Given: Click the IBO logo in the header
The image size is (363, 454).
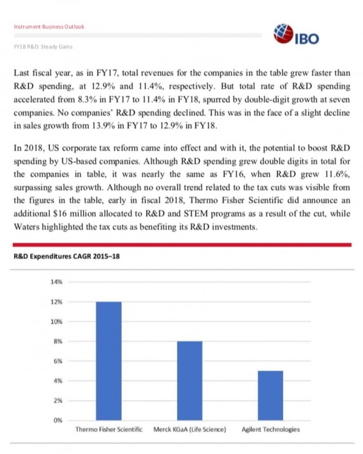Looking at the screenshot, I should (296, 36).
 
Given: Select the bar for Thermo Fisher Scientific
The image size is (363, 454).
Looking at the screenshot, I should (109, 361).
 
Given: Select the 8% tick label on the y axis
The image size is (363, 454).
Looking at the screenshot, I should (57, 341).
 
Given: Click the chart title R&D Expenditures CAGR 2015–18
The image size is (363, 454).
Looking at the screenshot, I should (66, 256).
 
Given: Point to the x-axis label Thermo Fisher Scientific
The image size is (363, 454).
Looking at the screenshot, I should (109, 430).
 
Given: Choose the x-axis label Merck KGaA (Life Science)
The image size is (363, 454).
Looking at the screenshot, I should (189, 430).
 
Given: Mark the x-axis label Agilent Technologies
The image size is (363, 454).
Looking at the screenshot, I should (270, 430).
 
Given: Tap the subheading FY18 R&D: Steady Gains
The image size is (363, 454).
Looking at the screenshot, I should (43, 48).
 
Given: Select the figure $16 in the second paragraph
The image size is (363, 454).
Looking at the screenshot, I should (65, 216).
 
